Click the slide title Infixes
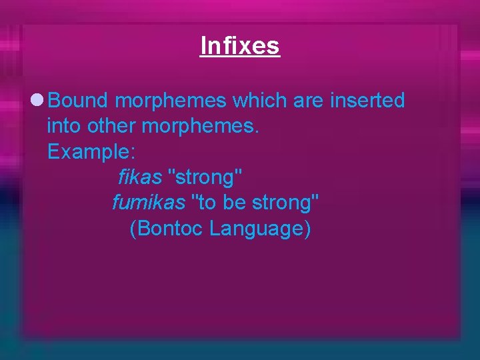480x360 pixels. pos(240,45)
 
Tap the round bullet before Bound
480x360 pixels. pos(38,101)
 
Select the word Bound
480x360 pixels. pos(78,101)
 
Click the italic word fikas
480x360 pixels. pos(140,177)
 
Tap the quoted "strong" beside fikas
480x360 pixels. pos(207,178)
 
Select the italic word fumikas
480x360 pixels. pos(147,202)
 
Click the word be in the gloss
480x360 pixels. pos(235,202)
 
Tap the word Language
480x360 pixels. pos(259,229)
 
